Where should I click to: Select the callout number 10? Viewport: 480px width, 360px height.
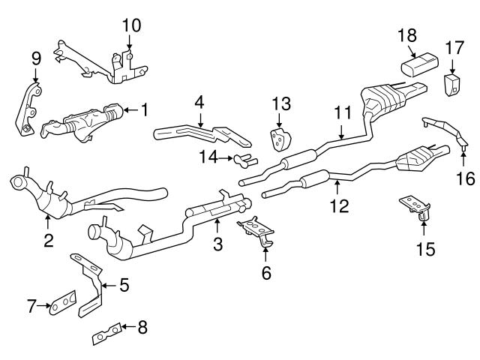click(130, 25)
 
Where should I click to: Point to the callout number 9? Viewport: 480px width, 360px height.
click(35, 57)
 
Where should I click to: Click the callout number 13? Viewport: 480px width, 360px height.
click(280, 102)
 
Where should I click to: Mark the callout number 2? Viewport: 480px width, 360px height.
click(48, 241)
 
